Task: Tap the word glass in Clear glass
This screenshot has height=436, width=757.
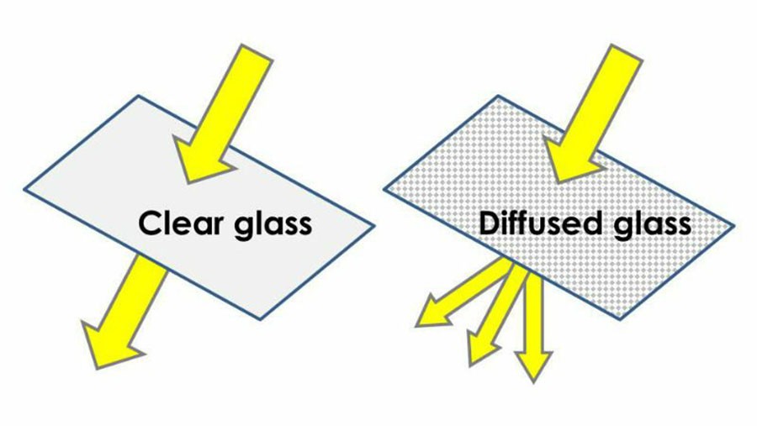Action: [x=273, y=226]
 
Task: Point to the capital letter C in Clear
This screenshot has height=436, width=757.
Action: [x=150, y=223]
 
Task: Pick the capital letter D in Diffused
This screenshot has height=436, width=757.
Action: [x=490, y=223]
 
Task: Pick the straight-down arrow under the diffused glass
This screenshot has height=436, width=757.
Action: [x=533, y=328]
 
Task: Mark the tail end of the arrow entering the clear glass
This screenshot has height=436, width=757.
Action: [x=257, y=52]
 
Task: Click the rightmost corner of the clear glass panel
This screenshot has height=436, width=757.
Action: [x=374, y=225]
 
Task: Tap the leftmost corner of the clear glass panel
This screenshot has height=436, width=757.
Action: [x=24, y=190]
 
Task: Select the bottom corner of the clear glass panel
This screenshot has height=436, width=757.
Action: [x=260, y=318]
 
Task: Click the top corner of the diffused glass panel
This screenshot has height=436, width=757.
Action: [x=498, y=96]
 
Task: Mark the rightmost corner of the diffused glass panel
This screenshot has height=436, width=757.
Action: [x=734, y=225]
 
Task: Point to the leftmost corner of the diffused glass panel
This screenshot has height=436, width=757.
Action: [x=384, y=190]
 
